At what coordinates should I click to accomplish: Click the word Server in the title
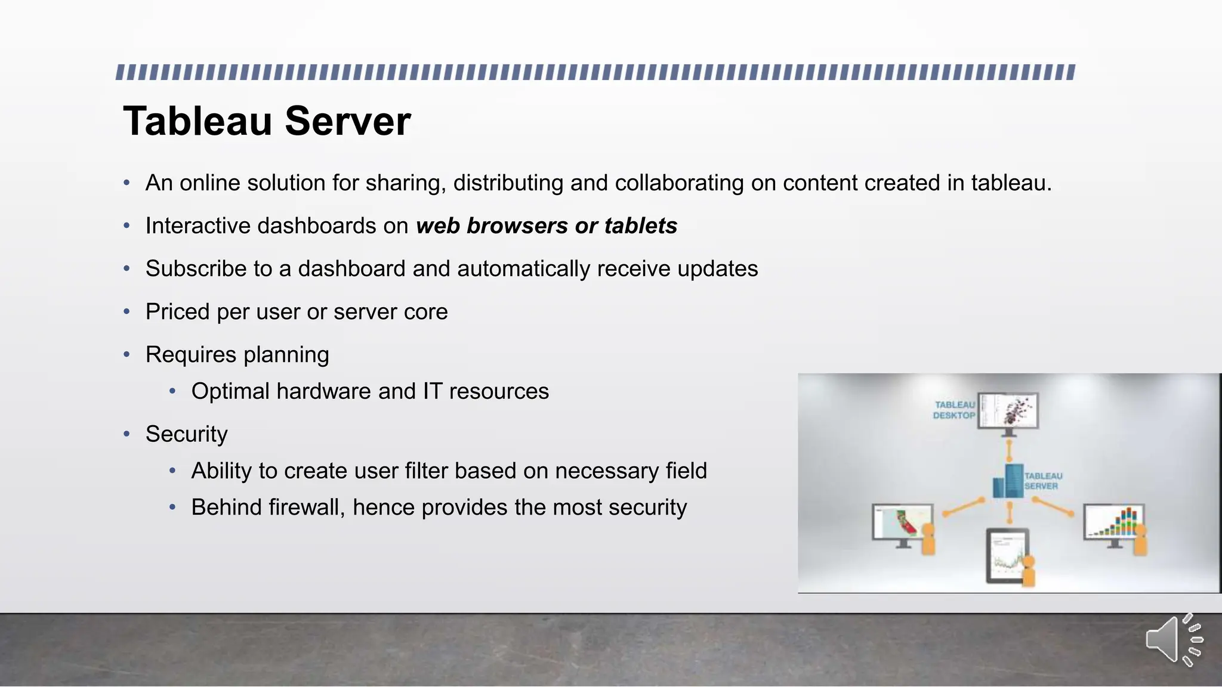pyautogui.click(x=348, y=122)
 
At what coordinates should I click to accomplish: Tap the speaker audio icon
pyautogui.click(x=1173, y=640)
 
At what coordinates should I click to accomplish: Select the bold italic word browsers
pyautogui.click(x=517, y=226)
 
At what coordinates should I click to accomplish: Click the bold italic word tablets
pyautogui.click(x=640, y=226)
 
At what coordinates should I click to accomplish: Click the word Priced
pyautogui.click(x=177, y=312)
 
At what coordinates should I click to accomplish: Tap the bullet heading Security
pyautogui.click(x=186, y=434)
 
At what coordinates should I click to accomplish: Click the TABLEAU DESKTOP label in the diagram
pyautogui.click(x=953, y=410)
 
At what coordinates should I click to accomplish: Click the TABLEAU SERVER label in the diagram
pyautogui.click(x=1043, y=481)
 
